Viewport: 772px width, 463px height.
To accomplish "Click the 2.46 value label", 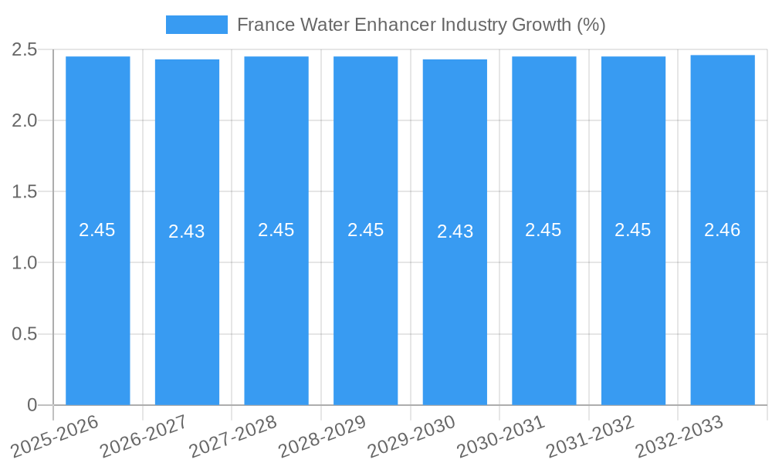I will pyautogui.click(x=722, y=230).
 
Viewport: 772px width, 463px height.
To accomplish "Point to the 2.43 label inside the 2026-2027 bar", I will pyautogui.click(x=187, y=231).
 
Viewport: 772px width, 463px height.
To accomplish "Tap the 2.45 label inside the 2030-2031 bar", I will pyautogui.click(x=543, y=230).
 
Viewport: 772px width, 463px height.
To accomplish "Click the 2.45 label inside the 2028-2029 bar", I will pyautogui.click(x=365, y=230).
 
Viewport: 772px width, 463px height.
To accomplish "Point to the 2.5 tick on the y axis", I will pyautogui.click(x=25, y=49).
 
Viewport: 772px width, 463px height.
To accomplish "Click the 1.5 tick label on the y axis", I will pyautogui.click(x=25, y=191).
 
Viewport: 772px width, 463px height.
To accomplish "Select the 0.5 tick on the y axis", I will pyautogui.click(x=25, y=334).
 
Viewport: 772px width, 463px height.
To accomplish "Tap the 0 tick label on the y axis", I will pyautogui.click(x=32, y=405).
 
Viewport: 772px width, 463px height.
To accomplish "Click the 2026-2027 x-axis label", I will pyautogui.click(x=144, y=437).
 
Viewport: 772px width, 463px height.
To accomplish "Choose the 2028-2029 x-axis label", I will pyautogui.click(x=322, y=437).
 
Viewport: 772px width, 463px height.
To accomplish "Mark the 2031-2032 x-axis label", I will pyautogui.click(x=590, y=437).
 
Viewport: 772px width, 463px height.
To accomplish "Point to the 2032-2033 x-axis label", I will pyautogui.click(x=679, y=437).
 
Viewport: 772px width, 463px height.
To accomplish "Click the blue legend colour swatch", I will pyautogui.click(x=196, y=25).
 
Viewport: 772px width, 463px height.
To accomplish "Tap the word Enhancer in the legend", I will pyautogui.click(x=394, y=25).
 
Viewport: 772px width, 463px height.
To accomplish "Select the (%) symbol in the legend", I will pyautogui.click(x=591, y=25).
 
